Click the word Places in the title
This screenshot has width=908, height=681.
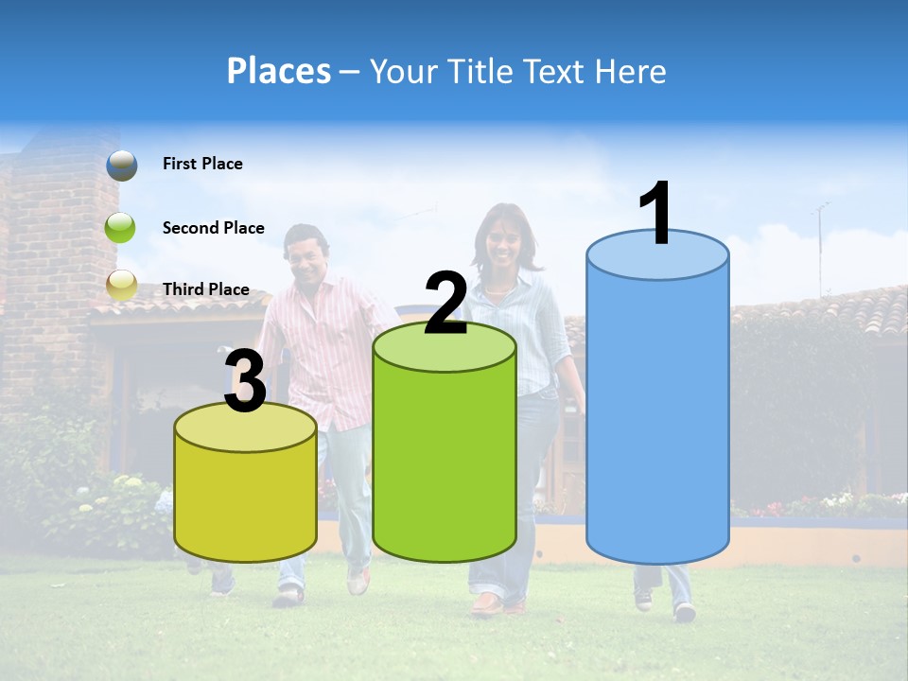(278, 71)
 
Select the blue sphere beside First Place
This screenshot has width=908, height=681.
(122, 165)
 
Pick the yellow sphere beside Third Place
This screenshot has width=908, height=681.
(122, 286)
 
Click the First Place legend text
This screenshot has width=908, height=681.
(202, 164)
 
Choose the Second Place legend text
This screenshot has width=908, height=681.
(213, 228)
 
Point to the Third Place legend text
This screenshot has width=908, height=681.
(205, 289)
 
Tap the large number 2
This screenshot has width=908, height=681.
(445, 304)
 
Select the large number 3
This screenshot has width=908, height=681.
(245, 382)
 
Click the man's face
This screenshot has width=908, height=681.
(306, 255)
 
